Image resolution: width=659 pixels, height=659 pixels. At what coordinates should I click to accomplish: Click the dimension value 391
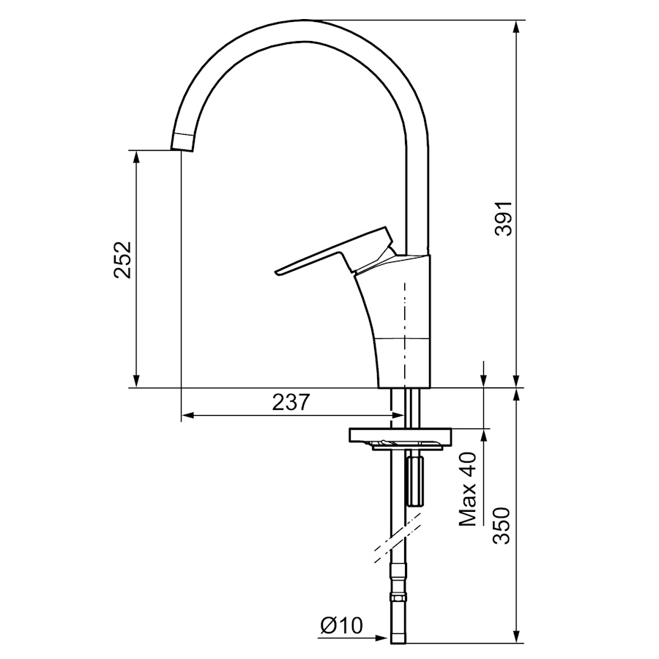click(x=504, y=218)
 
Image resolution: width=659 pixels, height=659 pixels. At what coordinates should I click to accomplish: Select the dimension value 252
click(x=123, y=260)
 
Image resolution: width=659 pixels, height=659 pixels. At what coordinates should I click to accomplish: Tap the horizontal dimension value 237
click(x=291, y=402)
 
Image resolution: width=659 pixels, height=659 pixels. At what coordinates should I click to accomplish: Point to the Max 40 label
click(x=468, y=489)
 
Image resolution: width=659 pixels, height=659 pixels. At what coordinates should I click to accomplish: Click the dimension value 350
click(x=502, y=526)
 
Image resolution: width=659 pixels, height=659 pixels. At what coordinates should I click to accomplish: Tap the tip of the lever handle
click(x=276, y=272)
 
